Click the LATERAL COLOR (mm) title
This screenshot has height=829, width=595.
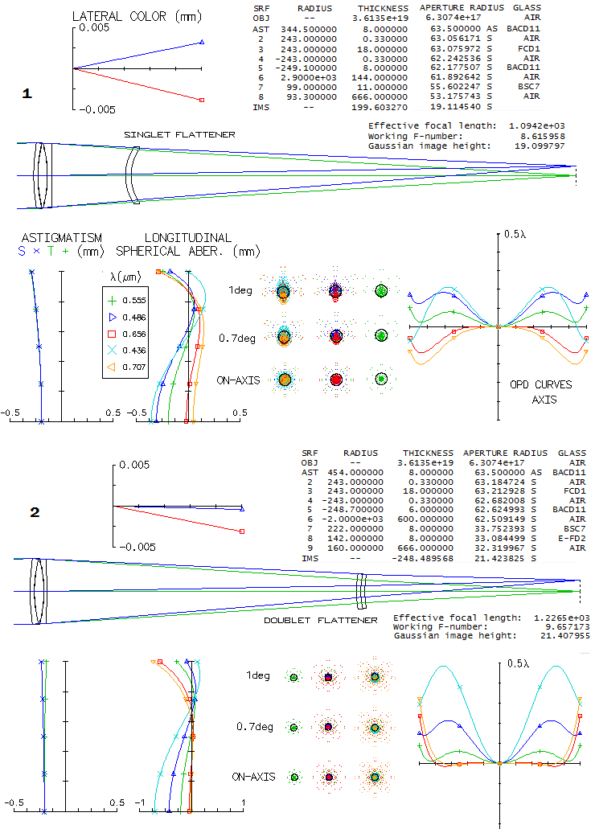click(137, 16)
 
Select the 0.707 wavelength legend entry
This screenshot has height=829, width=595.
click(126, 367)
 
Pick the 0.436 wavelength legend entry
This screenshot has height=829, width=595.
click(126, 350)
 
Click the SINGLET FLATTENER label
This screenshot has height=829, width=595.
click(180, 135)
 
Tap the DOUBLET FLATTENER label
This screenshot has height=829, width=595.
click(321, 620)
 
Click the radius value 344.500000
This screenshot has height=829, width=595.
click(309, 29)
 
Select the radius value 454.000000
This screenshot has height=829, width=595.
click(355, 472)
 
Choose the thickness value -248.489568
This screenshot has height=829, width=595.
click(423, 558)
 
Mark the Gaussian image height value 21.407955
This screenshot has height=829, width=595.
click(565, 635)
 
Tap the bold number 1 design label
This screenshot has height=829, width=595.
click(27, 93)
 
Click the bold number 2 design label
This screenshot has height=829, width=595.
click(35, 512)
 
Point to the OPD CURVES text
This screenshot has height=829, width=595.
click(541, 384)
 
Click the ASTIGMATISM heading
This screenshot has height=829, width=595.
click(62, 238)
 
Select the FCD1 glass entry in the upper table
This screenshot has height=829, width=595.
click(529, 48)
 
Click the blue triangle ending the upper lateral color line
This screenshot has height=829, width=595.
click(202, 42)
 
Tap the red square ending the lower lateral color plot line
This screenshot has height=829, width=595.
click(242, 531)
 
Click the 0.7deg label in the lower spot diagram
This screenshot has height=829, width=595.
click(255, 727)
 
